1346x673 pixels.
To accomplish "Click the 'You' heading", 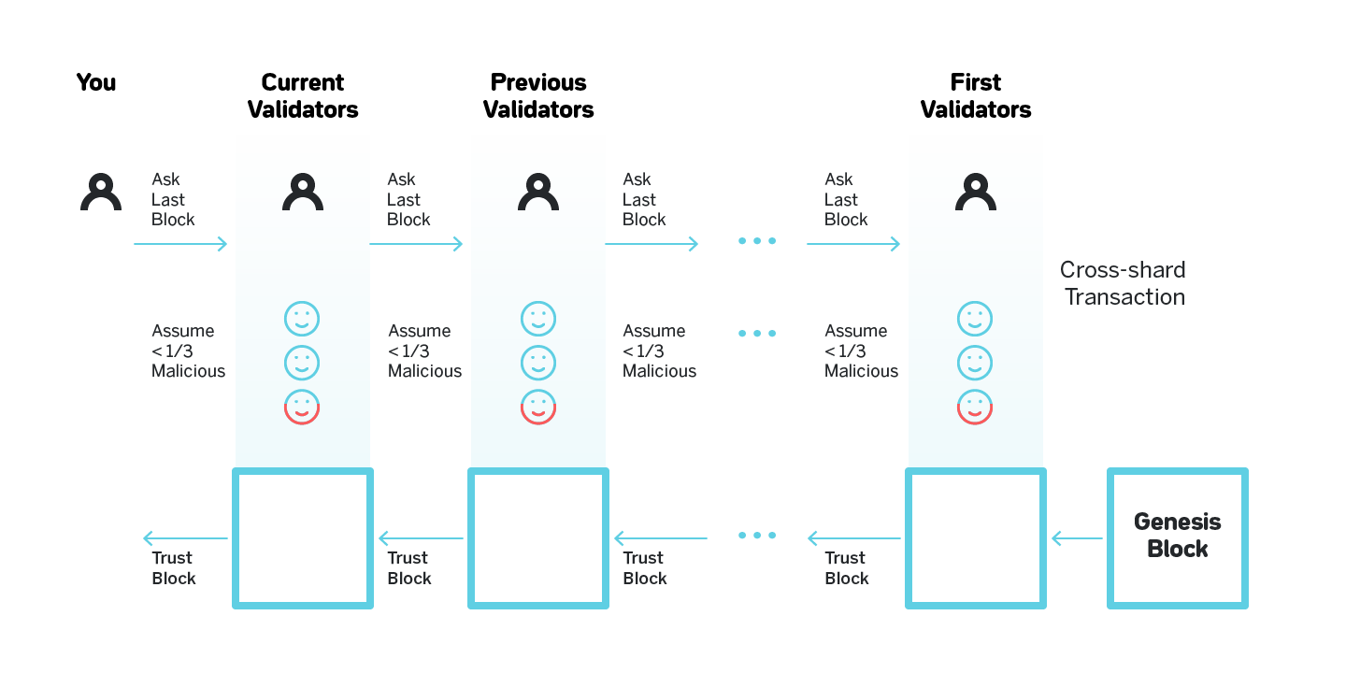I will [x=96, y=83].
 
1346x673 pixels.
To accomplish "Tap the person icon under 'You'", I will [x=100, y=193].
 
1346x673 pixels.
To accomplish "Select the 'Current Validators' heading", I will [x=302, y=96].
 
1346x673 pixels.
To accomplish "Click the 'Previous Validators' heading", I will [x=537, y=96].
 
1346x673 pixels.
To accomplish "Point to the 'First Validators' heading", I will [x=975, y=96].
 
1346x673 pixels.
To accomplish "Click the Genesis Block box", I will [x=1177, y=537].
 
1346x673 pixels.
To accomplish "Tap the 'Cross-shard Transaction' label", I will [x=1123, y=284].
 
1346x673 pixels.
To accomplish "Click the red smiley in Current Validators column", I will [x=302, y=407].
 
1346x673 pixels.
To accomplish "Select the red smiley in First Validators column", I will [x=975, y=407].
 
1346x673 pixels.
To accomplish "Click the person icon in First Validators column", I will [x=975, y=193].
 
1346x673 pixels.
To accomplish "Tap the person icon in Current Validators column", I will [x=302, y=193].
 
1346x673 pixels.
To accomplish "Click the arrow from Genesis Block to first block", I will [x=1077, y=538].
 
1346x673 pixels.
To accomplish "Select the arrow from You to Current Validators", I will [x=180, y=244].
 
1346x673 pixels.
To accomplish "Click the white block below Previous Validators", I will [x=537, y=538].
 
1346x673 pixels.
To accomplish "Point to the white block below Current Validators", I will [x=302, y=538].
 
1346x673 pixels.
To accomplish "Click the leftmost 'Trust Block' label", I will [x=174, y=568].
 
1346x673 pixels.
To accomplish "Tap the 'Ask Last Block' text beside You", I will [x=173, y=199].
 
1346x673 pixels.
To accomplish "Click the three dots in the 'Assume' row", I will [x=756, y=334].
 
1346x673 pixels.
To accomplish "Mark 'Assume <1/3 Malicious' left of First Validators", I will [x=861, y=351].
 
